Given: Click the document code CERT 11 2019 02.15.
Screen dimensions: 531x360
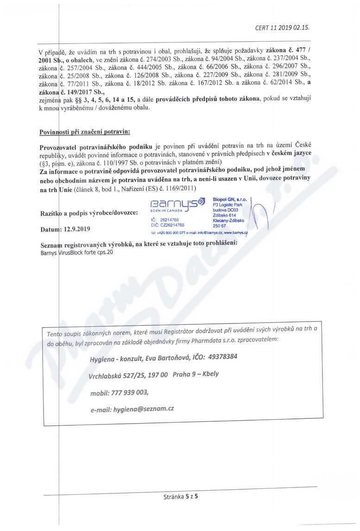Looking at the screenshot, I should click(x=282, y=27).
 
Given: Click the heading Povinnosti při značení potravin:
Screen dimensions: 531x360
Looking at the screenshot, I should click(x=85, y=132).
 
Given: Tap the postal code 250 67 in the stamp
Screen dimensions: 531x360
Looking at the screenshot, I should click(x=219, y=226).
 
